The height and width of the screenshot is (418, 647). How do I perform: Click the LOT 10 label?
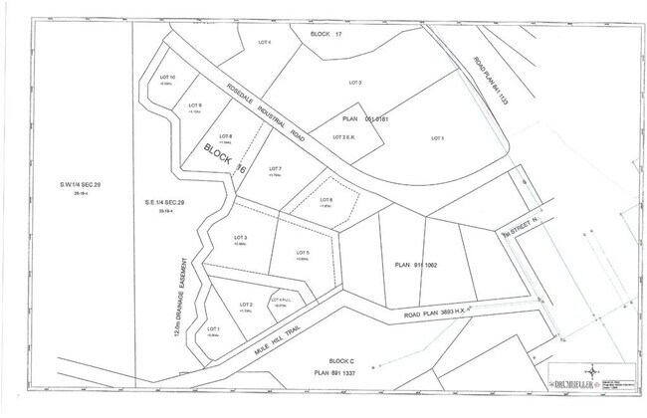[x=167, y=77]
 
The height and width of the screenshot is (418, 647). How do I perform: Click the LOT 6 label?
[x=325, y=200]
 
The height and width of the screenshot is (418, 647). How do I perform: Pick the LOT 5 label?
[x=303, y=253]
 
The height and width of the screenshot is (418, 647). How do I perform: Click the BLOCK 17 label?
[x=326, y=35]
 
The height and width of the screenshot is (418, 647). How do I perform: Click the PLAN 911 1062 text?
[x=416, y=265]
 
